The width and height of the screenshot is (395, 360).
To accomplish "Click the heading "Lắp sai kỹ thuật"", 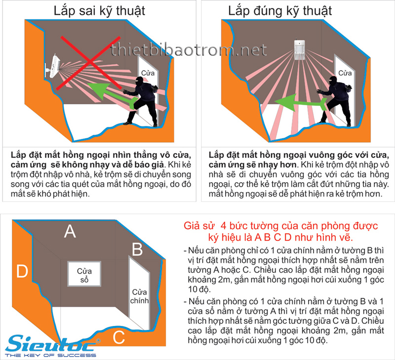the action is coord(100,11).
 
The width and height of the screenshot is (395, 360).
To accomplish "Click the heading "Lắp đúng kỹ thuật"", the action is coord(280,11).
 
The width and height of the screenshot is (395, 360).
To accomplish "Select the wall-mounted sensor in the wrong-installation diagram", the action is coord(52,66).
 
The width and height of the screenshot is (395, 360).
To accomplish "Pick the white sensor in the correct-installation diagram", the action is coord(299,49).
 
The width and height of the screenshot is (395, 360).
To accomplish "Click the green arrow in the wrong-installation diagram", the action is coord(112,94).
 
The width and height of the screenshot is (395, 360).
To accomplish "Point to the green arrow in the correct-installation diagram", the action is coord(300,103).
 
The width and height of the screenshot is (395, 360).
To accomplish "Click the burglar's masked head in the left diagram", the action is coord(139,81).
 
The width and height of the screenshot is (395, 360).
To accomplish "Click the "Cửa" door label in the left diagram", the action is coord(148,73).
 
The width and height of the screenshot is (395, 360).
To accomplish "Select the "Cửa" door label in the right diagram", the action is coord(345,73).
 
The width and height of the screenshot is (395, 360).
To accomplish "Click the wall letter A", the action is coord(70,231).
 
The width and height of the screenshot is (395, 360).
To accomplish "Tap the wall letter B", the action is coord(137,249).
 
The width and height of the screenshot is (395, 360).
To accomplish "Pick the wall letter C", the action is coord(118,337).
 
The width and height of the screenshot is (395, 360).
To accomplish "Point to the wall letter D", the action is coord(22,271).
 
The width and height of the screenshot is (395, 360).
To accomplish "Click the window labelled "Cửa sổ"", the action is coord(84,274).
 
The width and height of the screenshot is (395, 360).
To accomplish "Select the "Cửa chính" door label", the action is coord(139,296).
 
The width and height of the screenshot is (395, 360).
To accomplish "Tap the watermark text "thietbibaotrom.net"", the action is coord(189,49).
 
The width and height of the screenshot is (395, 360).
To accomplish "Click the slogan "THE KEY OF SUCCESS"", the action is coord(51,355).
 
